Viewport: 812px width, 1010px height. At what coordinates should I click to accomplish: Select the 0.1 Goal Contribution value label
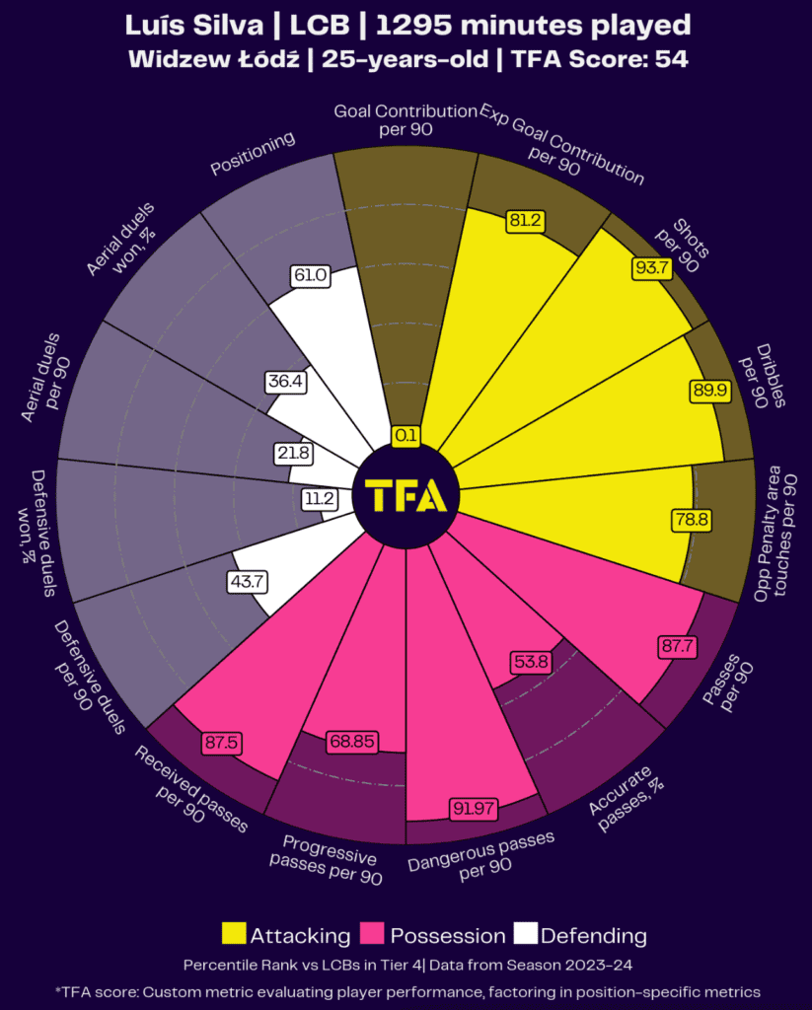(x=406, y=435)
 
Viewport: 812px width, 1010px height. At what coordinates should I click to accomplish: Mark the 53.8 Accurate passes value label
(x=530, y=662)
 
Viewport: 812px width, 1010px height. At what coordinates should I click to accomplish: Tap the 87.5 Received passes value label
(x=222, y=743)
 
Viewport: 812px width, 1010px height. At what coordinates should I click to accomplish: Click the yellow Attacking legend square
(x=235, y=934)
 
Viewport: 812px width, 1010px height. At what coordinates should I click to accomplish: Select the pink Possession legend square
(x=373, y=934)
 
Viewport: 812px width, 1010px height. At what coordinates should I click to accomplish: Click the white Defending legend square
(x=525, y=934)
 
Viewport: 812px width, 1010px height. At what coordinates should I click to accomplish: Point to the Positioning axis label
(x=254, y=155)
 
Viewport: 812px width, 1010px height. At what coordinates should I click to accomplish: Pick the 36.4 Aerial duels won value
(x=284, y=381)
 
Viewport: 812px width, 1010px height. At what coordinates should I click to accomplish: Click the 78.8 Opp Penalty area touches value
(x=691, y=519)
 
